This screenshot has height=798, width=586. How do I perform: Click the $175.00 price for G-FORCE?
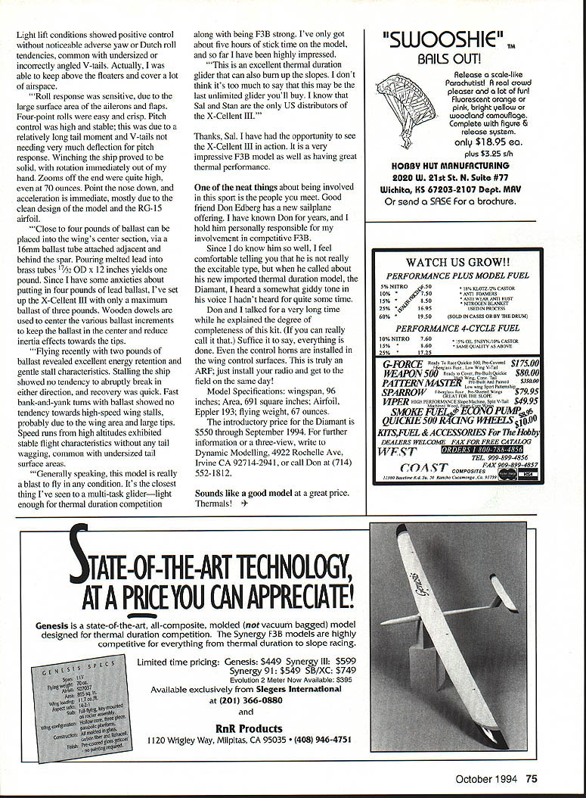coord(522,363)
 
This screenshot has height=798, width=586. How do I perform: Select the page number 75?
coord(532,778)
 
